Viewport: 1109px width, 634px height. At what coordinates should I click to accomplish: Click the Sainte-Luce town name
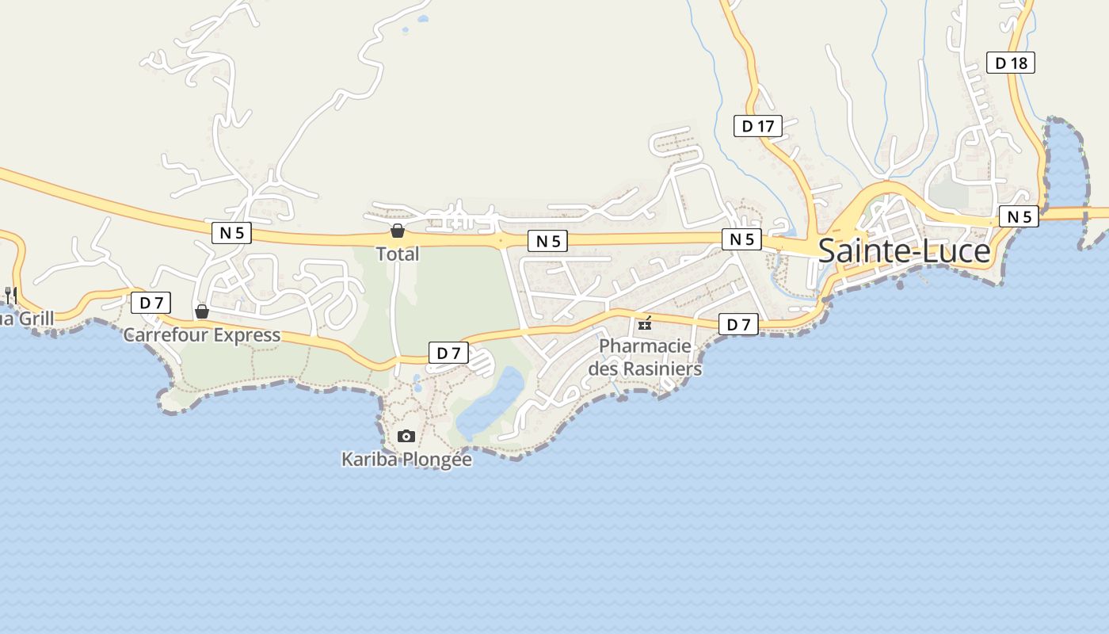(904, 250)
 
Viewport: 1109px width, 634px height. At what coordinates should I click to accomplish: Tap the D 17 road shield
(757, 125)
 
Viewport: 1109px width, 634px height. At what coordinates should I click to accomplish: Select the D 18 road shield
(1010, 63)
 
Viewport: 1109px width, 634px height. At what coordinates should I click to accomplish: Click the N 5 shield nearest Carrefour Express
(232, 232)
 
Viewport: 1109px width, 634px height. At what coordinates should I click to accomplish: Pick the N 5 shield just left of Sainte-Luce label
(741, 239)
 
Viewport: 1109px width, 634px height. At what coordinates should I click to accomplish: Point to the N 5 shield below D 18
(1018, 216)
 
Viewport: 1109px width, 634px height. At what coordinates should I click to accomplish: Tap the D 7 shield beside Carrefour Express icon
(151, 302)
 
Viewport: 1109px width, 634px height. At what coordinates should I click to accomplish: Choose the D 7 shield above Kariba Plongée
(448, 353)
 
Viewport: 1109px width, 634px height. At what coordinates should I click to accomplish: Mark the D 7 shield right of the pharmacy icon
(738, 323)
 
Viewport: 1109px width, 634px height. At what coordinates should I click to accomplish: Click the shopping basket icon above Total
(397, 231)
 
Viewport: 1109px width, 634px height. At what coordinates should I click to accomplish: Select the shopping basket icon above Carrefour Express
(202, 311)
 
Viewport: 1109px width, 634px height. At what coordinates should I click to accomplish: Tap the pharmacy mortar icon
(645, 323)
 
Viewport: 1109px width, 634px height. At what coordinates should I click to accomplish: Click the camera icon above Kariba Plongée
(406, 436)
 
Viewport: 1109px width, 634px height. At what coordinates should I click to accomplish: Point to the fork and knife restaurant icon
(10, 296)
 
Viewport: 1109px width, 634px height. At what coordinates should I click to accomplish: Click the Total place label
(397, 254)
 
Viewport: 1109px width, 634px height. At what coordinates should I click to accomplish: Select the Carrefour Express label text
(201, 335)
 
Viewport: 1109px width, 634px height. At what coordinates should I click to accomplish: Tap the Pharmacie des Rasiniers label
(645, 357)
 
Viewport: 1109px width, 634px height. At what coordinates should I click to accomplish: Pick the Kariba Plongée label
(406, 459)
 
